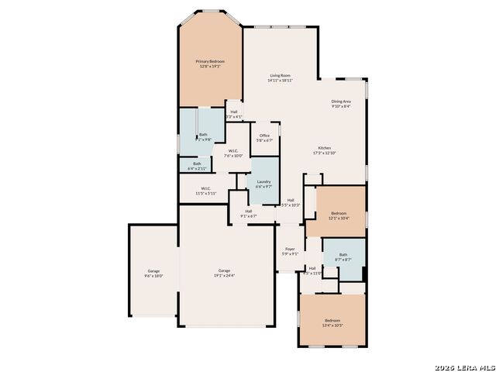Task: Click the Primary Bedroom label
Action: (210, 61)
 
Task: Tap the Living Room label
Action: (280, 75)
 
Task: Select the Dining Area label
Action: (341, 102)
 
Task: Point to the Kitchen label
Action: (325, 148)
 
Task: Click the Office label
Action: (264, 136)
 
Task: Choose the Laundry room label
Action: (263, 181)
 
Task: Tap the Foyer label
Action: (290, 250)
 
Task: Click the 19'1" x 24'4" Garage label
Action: (224, 270)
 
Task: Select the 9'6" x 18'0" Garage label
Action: (153, 270)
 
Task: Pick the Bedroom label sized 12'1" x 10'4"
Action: (339, 213)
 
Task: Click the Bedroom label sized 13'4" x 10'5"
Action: (332, 320)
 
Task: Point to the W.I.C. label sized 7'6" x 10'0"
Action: (233, 150)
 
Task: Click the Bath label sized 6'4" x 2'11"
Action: (198, 163)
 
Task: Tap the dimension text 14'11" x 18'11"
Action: (280, 81)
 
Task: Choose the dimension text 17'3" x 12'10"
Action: (325, 153)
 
